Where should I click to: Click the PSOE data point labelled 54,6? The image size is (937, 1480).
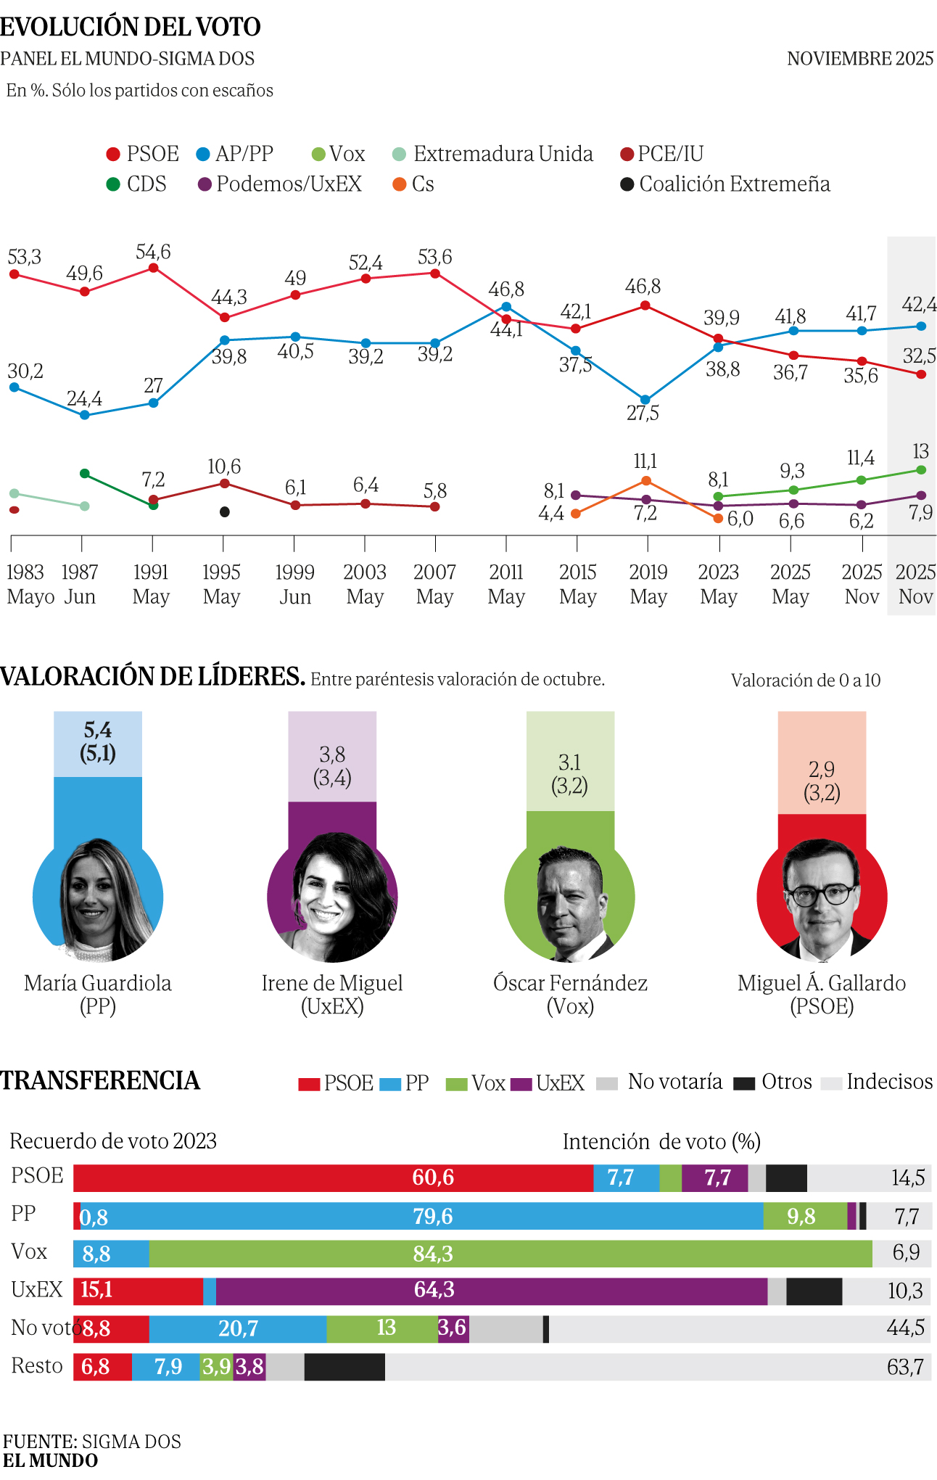click(x=153, y=268)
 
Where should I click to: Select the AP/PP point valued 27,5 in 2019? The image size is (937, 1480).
click(x=645, y=400)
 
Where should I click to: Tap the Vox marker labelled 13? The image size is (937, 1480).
click(x=921, y=470)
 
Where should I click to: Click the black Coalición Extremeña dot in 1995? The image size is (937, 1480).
click(x=225, y=512)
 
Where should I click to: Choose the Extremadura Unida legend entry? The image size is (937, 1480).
click(x=493, y=154)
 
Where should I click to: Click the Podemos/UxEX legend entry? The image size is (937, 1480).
click(x=280, y=184)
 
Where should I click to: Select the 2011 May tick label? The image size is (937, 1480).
click(x=505, y=584)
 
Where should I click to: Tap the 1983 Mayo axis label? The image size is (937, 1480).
click(x=30, y=584)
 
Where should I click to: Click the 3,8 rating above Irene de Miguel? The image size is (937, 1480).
click(x=332, y=755)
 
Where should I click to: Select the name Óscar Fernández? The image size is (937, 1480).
click(x=570, y=983)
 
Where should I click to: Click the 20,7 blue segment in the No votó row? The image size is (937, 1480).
click(x=238, y=1328)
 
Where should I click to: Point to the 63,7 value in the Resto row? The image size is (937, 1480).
click(x=905, y=1367)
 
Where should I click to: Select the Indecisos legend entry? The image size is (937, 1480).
click(x=878, y=1082)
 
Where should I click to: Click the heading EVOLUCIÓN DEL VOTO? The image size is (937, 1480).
click(x=131, y=27)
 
